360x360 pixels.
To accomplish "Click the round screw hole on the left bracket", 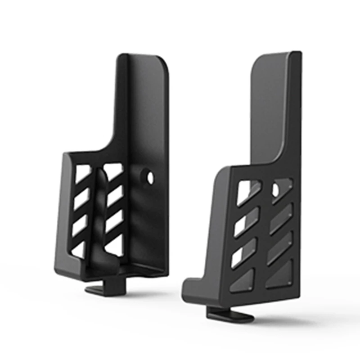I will tap(150, 177).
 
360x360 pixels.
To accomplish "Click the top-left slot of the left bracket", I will tap(82, 174).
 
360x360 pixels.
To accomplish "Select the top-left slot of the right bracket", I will tap(247, 191).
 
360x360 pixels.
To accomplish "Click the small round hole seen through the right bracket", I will tap(275, 190).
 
